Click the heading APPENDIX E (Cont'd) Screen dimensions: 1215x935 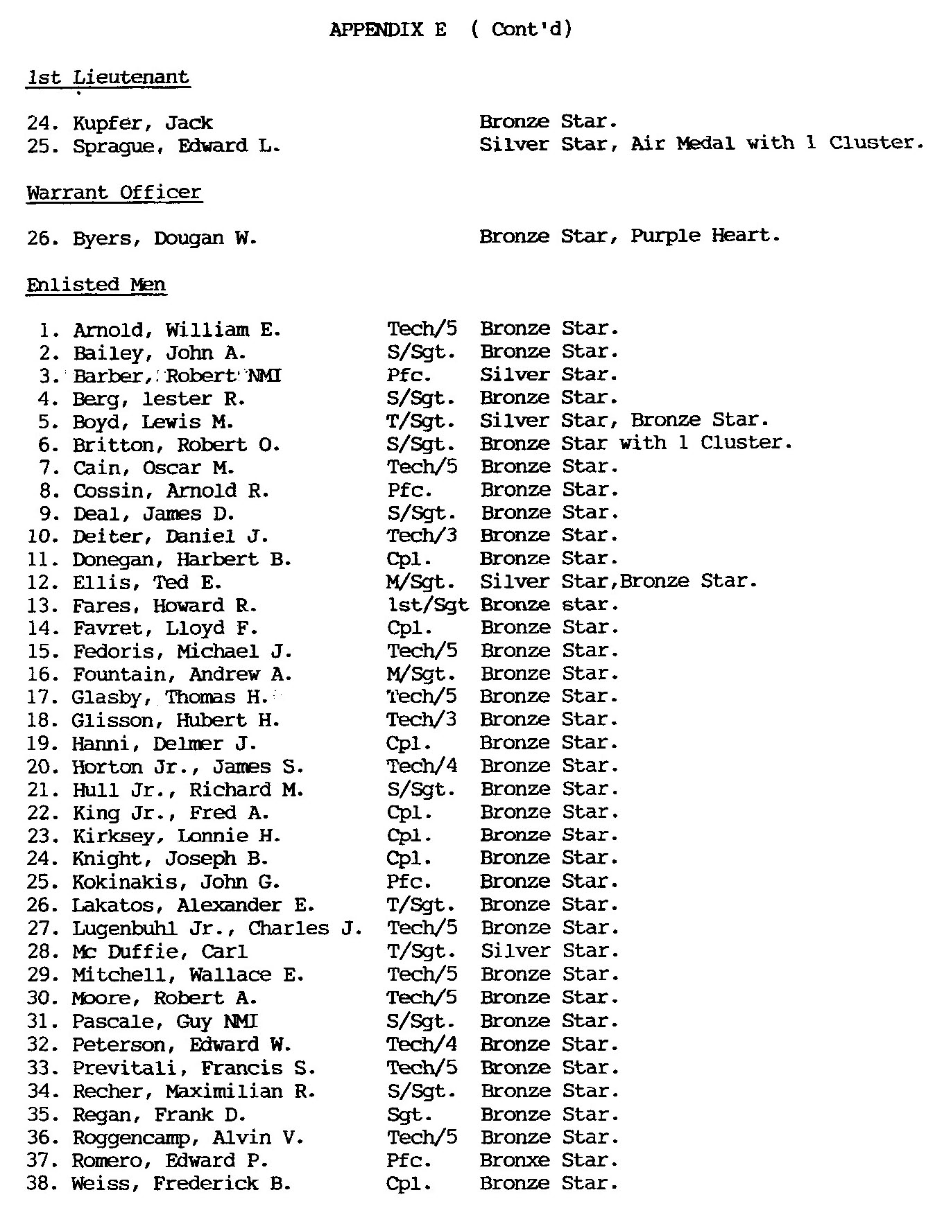(x=451, y=30)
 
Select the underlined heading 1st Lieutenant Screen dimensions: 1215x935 (x=108, y=77)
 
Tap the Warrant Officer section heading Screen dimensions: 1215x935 (x=114, y=192)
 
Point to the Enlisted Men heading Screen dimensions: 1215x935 (x=96, y=285)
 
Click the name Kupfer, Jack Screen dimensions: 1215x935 (x=142, y=123)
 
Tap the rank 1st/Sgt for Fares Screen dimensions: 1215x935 (x=427, y=605)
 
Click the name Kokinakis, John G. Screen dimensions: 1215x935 (x=176, y=882)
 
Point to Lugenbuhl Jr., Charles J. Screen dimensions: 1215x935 (x=217, y=929)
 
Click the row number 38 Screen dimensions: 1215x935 (x=37, y=1184)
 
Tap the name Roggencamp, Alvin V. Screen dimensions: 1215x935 (x=187, y=1138)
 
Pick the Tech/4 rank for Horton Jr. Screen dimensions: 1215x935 (x=422, y=767)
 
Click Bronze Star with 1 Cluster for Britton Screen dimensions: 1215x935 (x=635, y=444)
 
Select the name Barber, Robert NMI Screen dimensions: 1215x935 (x=177, y=376)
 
